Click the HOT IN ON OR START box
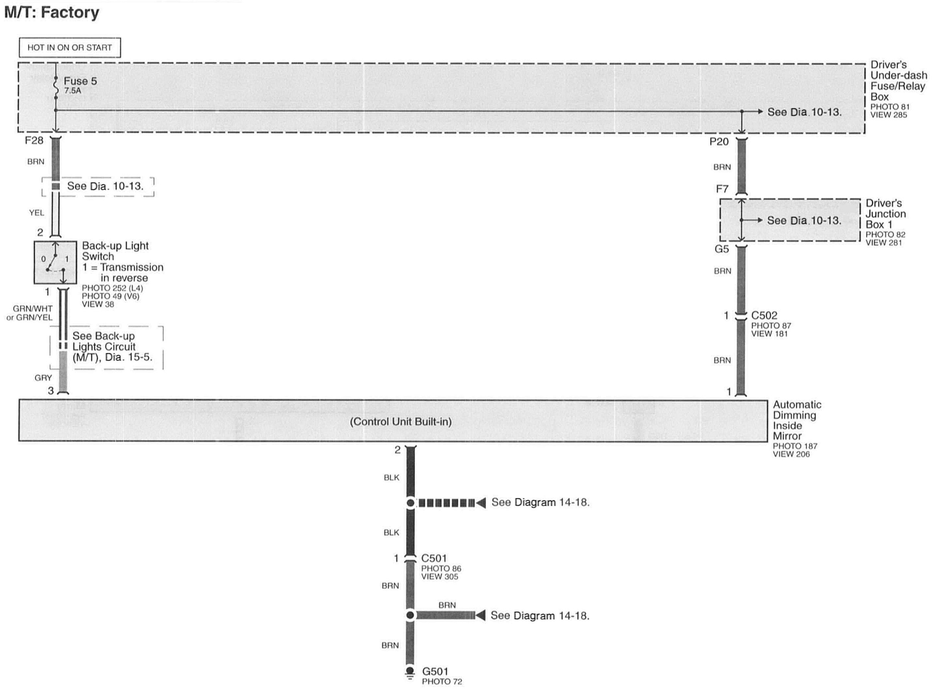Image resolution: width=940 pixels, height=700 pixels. point(69,47)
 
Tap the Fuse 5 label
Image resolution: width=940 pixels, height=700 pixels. point(80,81)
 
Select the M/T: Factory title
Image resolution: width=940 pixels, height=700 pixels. point(52,12)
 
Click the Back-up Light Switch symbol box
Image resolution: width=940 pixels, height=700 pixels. point(56,262)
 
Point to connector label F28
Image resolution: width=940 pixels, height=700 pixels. point(34,140)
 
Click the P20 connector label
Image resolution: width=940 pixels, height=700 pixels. point(719,142)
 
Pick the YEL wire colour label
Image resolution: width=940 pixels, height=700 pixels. point(36,213)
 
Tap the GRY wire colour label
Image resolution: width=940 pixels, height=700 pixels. point(43,378)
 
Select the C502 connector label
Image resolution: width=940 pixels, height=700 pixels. point(764,315)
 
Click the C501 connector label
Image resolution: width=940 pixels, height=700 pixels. point(434,558)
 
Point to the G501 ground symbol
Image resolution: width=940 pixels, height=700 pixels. point(409,673)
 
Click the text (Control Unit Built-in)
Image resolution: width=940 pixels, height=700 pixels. point(401,422)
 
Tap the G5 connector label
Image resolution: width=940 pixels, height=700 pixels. point(722,249)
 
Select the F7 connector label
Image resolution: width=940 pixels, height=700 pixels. point(722,188)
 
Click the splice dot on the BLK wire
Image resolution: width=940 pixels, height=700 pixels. point(410,503)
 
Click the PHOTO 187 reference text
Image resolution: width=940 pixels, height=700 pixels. point(795,446)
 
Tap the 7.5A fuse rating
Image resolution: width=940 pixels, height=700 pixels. point(73,91)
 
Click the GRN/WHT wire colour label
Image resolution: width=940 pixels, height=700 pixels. point(32,308)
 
